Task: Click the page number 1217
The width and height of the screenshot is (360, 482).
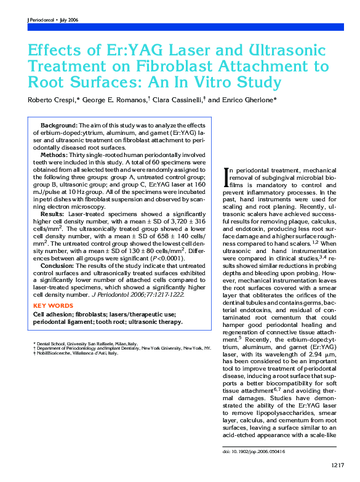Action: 337,465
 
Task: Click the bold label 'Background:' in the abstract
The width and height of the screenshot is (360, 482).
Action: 59,125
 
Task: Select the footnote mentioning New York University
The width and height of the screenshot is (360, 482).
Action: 123,348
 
